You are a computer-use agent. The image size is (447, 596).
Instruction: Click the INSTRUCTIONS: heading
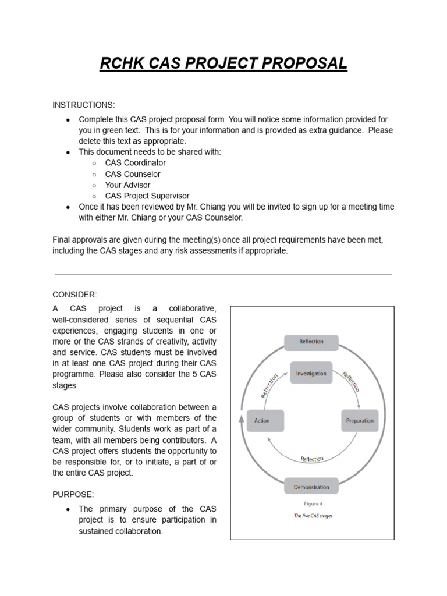tap(84, 105)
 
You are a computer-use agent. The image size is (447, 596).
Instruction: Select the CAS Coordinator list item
tap(135, 163)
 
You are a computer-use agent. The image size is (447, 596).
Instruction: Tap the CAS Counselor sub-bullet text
tap(133, 174)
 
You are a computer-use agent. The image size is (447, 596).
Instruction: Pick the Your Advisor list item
tap(127, 185)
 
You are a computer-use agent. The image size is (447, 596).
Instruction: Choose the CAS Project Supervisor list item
tap(147, 196)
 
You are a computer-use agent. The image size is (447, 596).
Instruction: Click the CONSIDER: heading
tap(74, 295)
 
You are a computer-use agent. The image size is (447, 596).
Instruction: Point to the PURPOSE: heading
tap(73, 494)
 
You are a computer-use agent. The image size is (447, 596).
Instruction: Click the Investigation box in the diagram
tap(311, 373)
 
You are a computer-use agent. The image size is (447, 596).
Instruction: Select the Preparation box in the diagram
tap(360, 420)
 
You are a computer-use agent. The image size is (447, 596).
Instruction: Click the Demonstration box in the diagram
tap(311, 487)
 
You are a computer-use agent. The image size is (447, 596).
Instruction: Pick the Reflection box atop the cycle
tap(311, 342)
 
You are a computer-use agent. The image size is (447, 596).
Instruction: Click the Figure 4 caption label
tap(313, 504)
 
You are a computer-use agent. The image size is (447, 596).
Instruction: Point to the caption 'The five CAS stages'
tap(313, 516)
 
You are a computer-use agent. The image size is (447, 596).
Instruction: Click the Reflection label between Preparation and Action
tap(312, 459)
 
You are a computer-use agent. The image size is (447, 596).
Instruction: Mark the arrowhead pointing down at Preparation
tap(359, 405)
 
